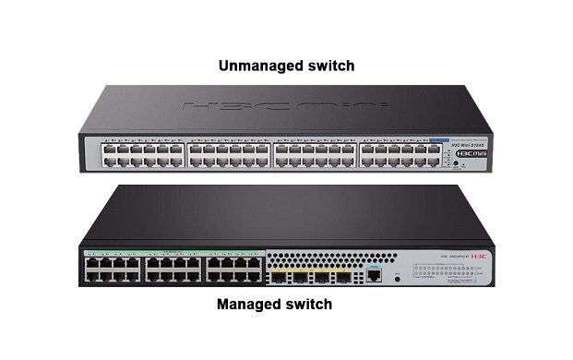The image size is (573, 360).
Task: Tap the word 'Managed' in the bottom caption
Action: [x=250, y=304]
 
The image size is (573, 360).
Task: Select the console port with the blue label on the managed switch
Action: [x=374, y=274]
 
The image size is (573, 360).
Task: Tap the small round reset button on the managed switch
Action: [x=397, y=275]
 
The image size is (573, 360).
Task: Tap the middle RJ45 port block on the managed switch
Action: [x=172, y=269]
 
